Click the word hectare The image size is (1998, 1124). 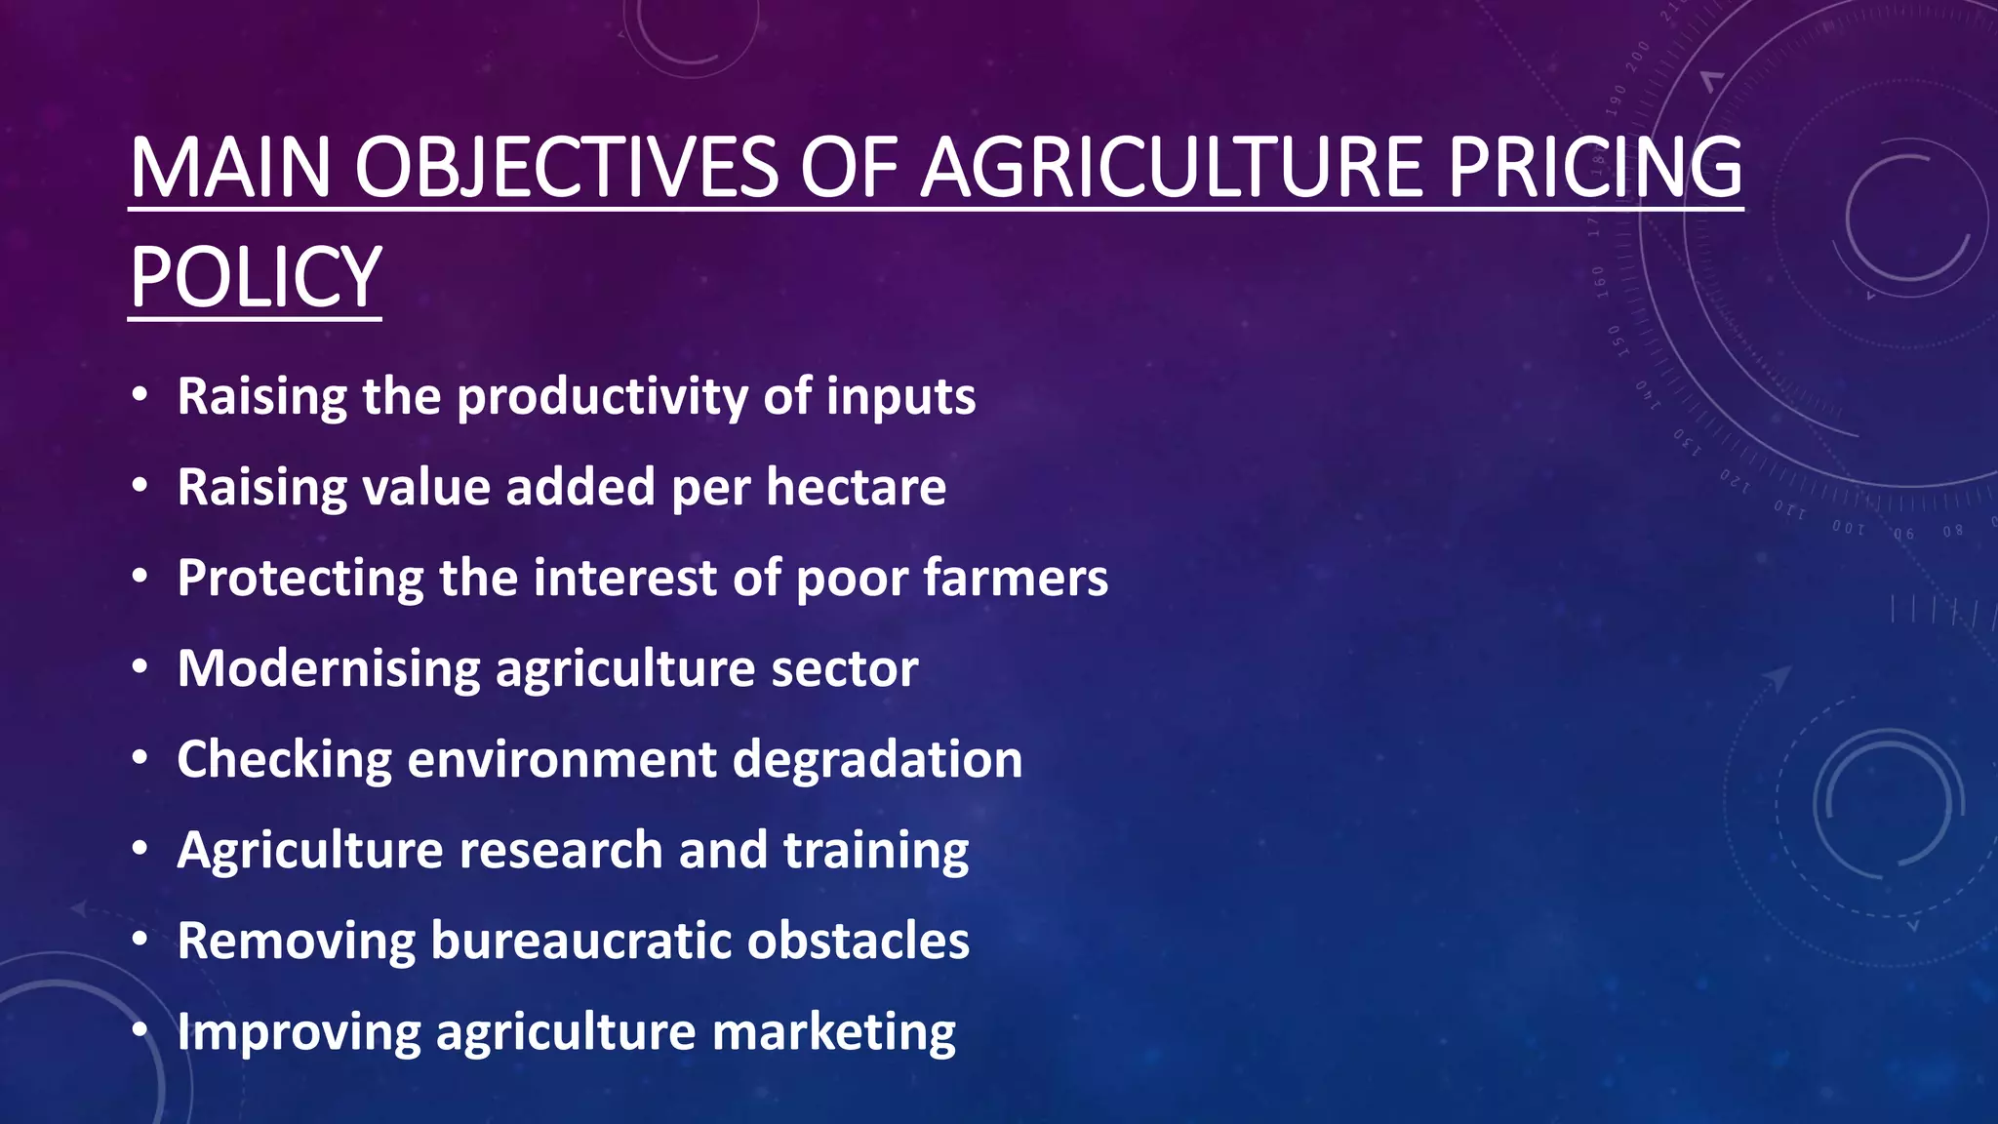point(856,487)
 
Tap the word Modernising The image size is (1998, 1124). point(329,669)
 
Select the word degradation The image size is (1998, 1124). point(877,759)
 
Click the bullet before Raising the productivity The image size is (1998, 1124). point(140,397)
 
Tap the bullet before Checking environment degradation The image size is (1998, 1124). point(140,759)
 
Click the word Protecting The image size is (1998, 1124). point(300,579)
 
